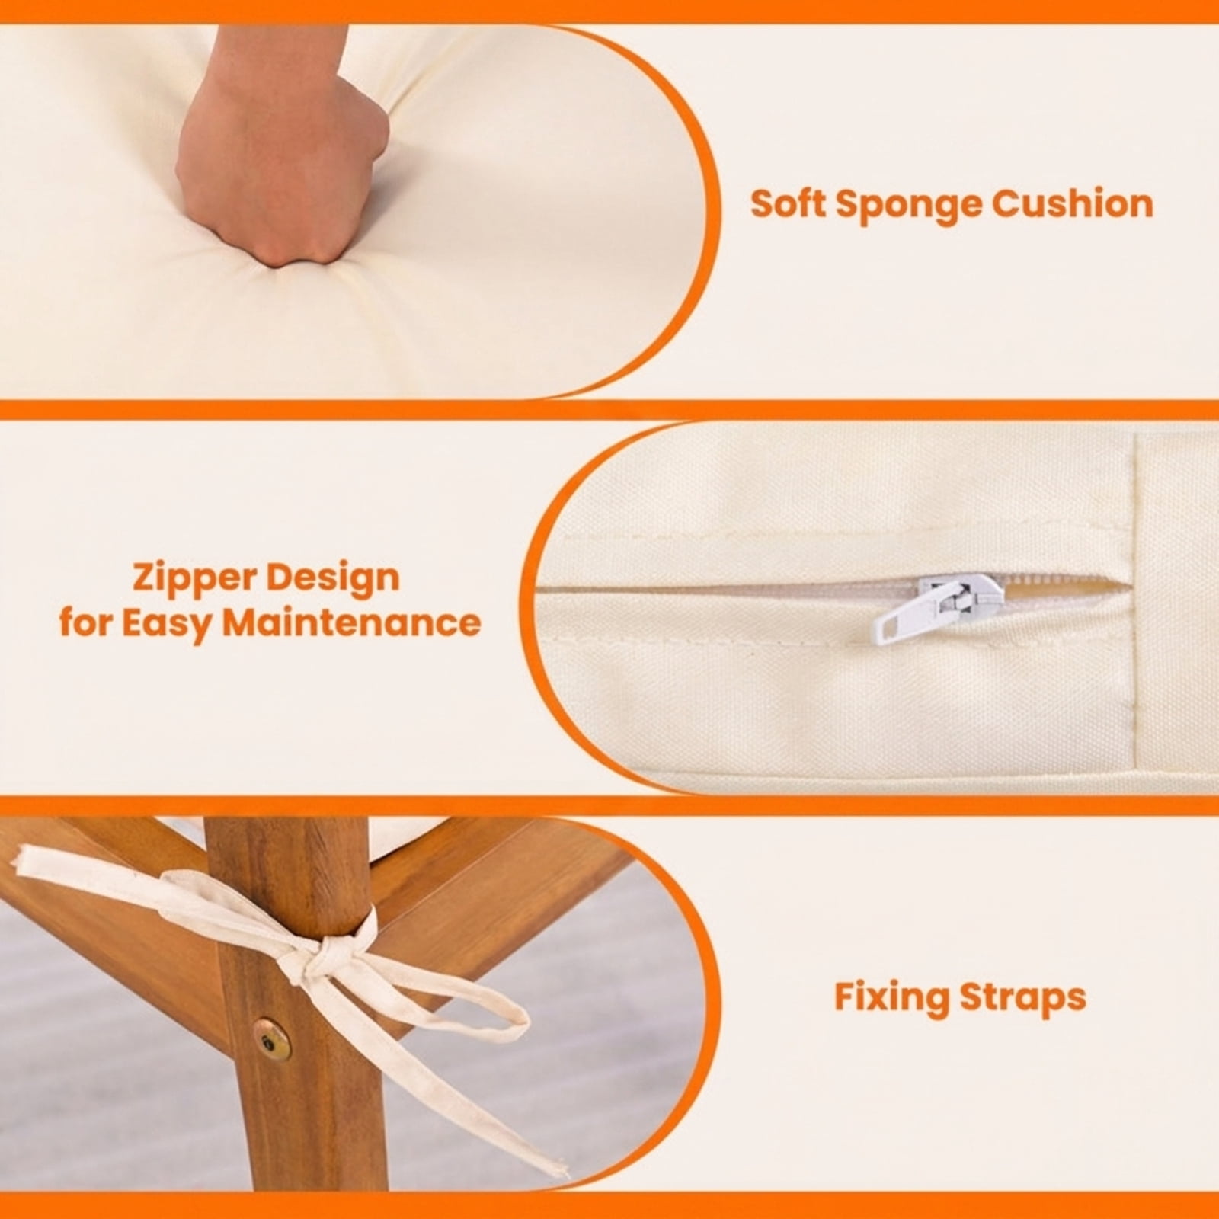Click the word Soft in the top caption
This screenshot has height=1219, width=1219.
pyautogui.click(x=788, y=203)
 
